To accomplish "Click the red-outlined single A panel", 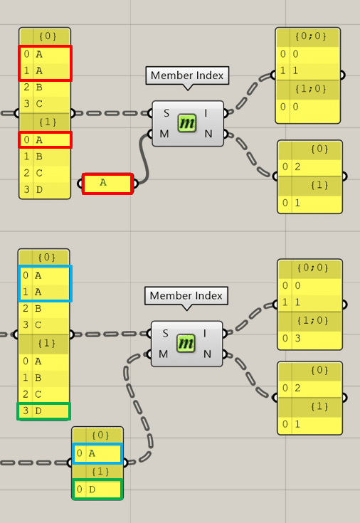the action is pos(107,184).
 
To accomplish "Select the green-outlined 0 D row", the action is pos(97,490).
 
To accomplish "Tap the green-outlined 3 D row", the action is pos(43,411).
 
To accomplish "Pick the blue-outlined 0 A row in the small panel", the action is pos(97,453).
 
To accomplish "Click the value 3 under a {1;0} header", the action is pos(297,339).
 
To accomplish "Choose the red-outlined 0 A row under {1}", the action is pos(45,139).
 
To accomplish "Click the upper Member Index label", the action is pos(187,75).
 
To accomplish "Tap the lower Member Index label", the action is pos(186,295).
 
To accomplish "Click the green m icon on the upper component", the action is pos(187,123).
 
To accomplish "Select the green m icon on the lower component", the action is pos(186,344).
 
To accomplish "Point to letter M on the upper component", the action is pos(164,134).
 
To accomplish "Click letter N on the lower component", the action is pos(208,354).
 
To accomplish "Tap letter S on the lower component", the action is pos(165,333).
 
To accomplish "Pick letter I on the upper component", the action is pos(206,113).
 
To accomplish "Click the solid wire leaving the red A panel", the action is pos(144,160).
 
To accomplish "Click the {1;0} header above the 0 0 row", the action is pos(311,89).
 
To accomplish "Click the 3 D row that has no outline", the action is pos(45,190).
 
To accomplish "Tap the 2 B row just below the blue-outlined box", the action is pos(43,309).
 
